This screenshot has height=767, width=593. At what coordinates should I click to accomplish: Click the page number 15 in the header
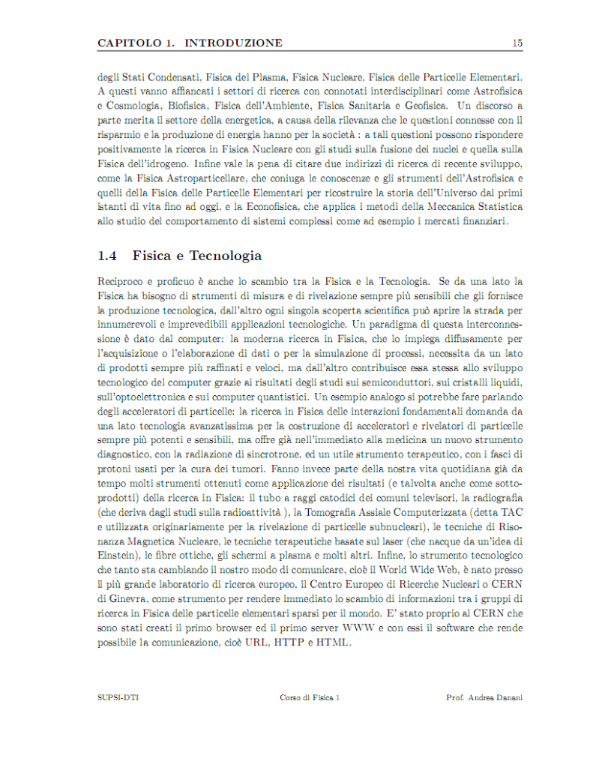coord(517,43)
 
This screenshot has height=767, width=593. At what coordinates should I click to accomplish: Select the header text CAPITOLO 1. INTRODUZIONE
coord(190,43)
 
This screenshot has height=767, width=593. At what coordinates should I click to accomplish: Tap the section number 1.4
coord(108,256)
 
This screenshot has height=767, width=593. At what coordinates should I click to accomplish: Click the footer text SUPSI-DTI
coord(118,697)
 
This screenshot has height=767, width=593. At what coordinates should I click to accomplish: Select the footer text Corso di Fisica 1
coord(310,697)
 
